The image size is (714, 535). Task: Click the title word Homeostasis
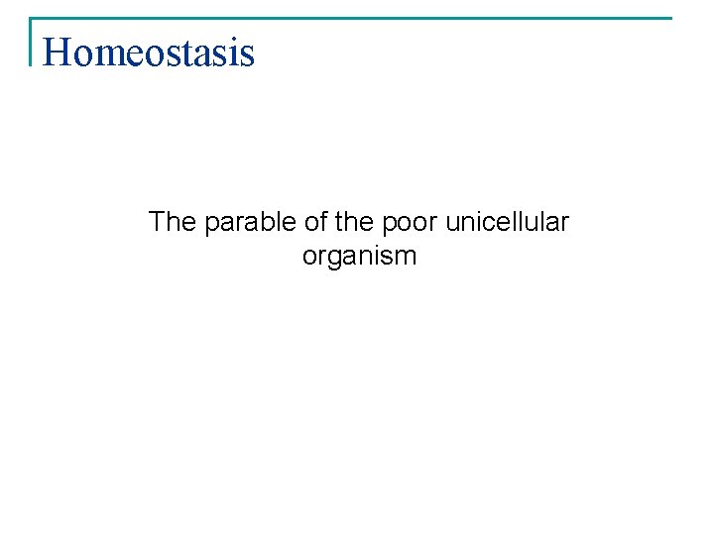[149, 52]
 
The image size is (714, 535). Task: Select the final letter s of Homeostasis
[247, 53]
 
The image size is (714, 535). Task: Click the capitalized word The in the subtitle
[173, 222]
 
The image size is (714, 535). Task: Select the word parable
[249, 223]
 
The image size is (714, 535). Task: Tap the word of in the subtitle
[317, 222]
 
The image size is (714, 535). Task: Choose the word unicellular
[507, 222]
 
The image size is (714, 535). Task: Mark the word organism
[359, 257]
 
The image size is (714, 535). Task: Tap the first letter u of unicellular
[452, 223]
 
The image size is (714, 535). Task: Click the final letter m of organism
[407, 257]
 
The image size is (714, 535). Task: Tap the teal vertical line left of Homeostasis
[32, 42]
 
